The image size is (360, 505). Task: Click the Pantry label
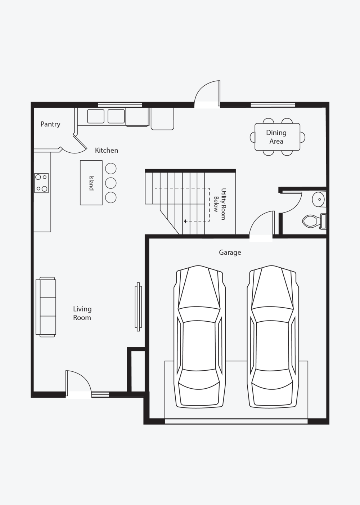(x=50, y=124)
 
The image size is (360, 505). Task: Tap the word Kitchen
(x=106, y=150)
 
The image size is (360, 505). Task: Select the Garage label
(x=230, y=252)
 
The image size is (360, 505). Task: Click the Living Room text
(x=82, y=313)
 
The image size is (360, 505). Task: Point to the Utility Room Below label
(x=220, y=204)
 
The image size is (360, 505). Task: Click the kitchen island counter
(x=91, y=183)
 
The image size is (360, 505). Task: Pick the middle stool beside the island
(x=111, y=183)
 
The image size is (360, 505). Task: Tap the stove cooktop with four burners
(x=41, y=183)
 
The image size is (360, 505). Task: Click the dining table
(x=277, y=137)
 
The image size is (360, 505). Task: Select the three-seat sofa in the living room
(x=46, y=307)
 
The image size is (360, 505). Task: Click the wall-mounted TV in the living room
(x=138, y=307)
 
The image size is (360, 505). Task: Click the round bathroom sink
(x=319, y=200)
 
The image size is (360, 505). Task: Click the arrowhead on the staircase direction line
(x=185, y=221)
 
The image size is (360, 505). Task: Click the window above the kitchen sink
(x=120, y=105)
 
